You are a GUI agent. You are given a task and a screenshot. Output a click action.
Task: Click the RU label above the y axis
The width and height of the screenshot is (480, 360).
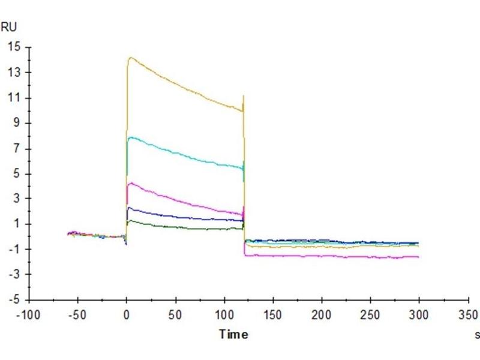pos(9,26)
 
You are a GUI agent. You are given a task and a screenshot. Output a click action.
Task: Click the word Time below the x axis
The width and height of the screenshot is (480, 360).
pos(233,334)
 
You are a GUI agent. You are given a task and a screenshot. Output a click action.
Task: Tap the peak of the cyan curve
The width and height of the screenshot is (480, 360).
pos(130,137)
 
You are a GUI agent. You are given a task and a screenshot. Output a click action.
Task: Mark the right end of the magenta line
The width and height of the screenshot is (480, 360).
pos(418,257)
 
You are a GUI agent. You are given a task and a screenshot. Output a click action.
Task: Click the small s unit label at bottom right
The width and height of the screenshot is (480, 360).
pos(477,334)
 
